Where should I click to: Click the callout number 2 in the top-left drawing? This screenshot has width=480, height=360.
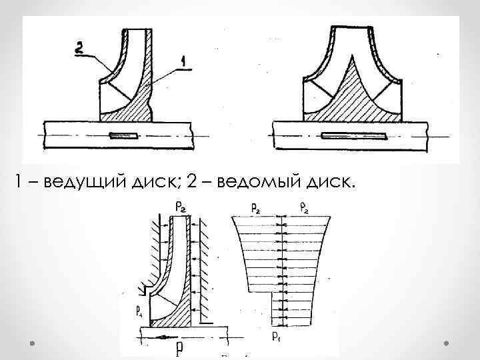79,48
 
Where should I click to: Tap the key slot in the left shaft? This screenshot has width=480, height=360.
124,137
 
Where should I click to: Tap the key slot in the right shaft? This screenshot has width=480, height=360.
353,137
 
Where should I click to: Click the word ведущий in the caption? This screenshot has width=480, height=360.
77,181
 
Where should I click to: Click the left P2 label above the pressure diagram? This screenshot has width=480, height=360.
255,209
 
